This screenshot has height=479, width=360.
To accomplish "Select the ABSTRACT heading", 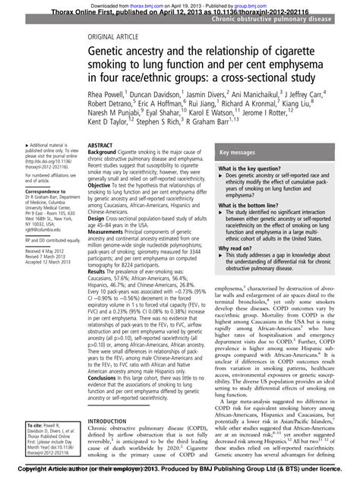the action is click(102, 144).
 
